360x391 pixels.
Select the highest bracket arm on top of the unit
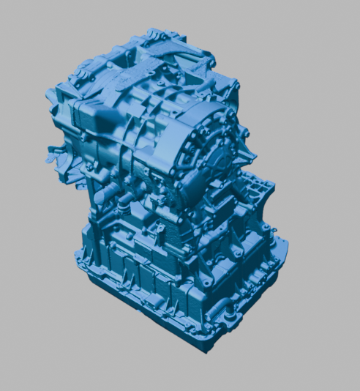(157, 34)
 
